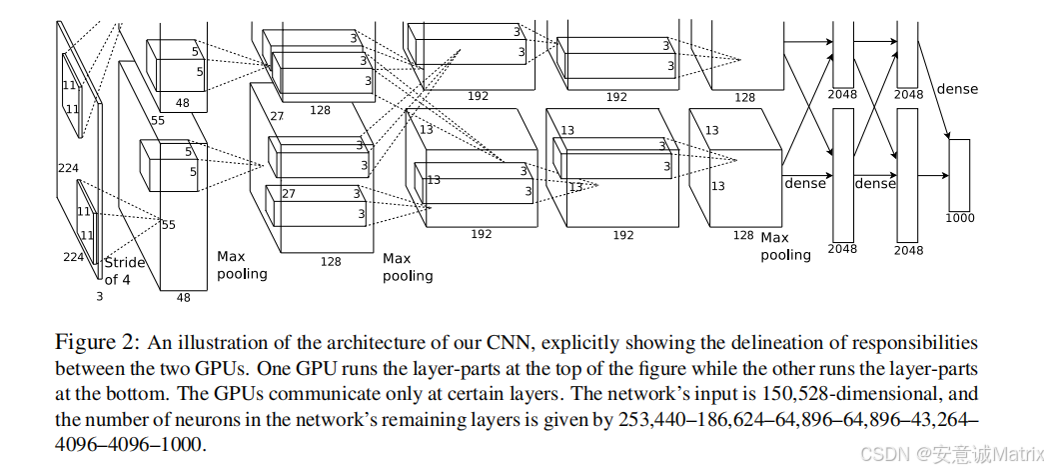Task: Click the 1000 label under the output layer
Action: [x=959, y=217]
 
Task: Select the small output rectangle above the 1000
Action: [x=959, y=174]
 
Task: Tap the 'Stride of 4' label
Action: [x=124, y=271]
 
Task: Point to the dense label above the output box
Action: [x=957, y=89]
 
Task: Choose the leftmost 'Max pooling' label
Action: [x=242, y=265]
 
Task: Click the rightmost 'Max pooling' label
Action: [x=786, y=246]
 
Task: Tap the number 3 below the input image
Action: [x=99, y=297]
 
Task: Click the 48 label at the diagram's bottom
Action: [x=183, y=297]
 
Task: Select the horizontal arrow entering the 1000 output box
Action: [x=931, y=175]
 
